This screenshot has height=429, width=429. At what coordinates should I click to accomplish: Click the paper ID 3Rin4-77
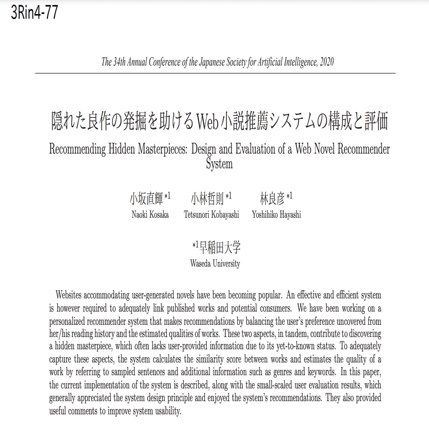coord(34,12)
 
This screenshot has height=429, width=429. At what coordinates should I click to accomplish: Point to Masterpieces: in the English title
coord(157,149)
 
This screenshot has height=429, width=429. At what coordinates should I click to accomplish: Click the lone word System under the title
coord(219,164)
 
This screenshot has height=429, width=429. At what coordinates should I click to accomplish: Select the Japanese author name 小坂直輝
coord(146,199)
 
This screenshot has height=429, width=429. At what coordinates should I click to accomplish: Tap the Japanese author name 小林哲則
coord(207,199)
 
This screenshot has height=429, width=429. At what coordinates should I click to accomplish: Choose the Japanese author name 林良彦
coord(272,199)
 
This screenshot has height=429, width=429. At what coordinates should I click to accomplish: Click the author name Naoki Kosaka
coord(150,215)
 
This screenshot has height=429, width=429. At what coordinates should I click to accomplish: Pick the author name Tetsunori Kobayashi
coord(211,215)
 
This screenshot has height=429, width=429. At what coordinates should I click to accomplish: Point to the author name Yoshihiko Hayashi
coord(276,215)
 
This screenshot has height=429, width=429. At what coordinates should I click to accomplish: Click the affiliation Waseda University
coord(215,264)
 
